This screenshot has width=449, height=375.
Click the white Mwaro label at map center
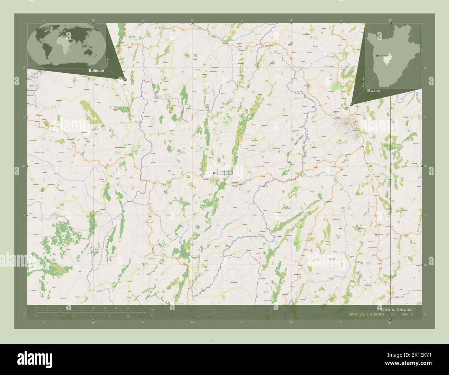pyautogui.click(x=225, y=173)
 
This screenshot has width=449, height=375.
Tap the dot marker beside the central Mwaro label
pyautogui.click(x=214, y=173)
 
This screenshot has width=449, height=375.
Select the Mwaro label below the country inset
pyautogui.click(x=374, y=90)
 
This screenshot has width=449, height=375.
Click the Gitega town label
pyautogui.click(x=346, y=124)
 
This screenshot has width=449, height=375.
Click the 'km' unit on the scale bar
pyautogui.click(x=152, y=309)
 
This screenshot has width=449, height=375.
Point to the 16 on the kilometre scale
pyautogui.click(x=127, y=308)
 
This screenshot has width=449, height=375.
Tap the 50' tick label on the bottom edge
pyautogui.click(x=291, y=322)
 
